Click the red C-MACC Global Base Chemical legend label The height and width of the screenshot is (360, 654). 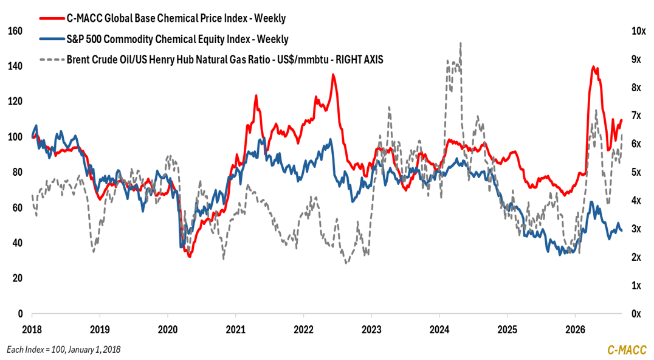point(176,18)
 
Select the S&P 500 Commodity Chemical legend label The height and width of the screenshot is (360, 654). point(177,39)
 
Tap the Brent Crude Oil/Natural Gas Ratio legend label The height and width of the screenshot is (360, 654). point(225,60)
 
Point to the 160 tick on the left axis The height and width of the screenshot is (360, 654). point(15,31)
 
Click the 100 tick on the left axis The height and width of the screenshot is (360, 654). point(15,137)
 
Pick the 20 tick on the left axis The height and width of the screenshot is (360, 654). point(17,279)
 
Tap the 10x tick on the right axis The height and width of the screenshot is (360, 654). point(639,31)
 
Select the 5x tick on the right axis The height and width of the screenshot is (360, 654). point(636,172)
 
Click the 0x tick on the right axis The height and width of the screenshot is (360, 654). point(636,314)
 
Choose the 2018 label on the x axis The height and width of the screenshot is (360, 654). point(32,330)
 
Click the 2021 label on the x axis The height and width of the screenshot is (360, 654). point(235,330)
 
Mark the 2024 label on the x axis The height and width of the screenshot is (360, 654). point(439,330)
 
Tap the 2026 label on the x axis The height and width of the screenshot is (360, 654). point(575,330)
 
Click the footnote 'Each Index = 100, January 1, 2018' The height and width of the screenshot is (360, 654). point(63,350)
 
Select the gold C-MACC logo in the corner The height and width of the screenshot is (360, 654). point(627,350)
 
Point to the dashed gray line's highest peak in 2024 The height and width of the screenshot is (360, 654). point(461,43)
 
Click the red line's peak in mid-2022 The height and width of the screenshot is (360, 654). point(333,74)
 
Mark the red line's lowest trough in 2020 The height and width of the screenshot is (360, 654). point(190,257)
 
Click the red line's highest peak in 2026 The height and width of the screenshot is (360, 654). point(593,66)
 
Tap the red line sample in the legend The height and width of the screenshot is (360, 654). point(52,18)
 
